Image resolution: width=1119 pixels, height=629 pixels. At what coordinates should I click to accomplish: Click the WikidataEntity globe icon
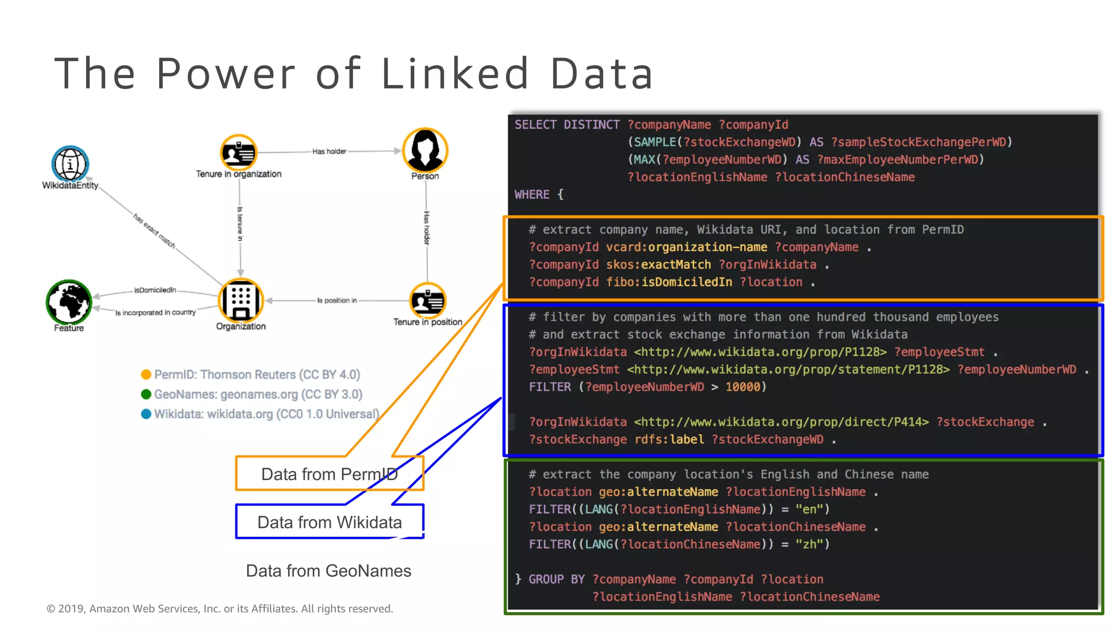70,163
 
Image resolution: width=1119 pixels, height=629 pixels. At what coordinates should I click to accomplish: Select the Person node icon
425,150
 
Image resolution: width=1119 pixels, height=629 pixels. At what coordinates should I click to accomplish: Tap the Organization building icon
240,300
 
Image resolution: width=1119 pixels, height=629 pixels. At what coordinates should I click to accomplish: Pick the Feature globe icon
69,302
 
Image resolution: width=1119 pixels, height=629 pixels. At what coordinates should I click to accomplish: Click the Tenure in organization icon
238,152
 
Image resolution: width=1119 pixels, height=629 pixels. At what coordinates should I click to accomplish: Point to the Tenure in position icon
428,300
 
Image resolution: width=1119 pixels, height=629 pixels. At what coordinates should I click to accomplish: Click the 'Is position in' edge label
337,300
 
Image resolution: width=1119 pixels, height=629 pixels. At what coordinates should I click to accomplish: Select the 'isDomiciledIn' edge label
155,290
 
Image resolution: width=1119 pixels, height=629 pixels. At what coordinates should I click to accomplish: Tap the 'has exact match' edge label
155,231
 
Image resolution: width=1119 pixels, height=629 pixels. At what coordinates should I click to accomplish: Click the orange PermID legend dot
146,375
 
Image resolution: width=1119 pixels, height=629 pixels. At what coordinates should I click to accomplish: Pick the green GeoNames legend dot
146,394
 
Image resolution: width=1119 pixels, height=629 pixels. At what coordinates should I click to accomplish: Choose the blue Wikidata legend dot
146,414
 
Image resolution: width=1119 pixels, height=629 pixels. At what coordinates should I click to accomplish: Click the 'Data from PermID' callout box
329,474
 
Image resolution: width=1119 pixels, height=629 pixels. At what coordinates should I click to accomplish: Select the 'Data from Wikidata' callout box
329,522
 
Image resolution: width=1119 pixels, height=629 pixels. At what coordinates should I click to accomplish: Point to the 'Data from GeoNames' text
328,571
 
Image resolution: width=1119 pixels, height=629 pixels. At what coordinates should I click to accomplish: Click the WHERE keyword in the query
532,194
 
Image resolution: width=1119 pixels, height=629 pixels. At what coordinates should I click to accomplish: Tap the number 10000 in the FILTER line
743,387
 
